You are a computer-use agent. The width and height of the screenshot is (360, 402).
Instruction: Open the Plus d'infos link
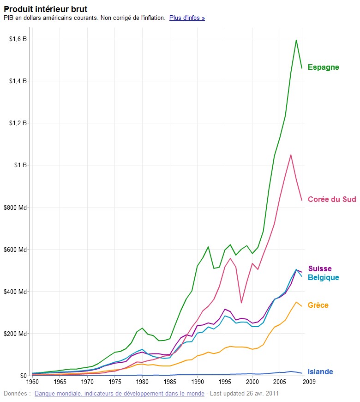click(187, 18)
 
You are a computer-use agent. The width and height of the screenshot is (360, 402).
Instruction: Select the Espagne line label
click(323, 67)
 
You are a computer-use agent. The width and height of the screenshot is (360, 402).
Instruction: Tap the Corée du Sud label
click(332, 200)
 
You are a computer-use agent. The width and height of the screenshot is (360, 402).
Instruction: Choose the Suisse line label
click(319, 269)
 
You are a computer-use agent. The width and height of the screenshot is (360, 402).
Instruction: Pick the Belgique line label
click(323, 278)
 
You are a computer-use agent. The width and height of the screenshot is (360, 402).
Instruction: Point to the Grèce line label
click(318, 305)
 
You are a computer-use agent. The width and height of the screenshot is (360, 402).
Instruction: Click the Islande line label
click(320, 372)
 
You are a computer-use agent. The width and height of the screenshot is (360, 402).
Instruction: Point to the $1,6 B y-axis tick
click(18, 39)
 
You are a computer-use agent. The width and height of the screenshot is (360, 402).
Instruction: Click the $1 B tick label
click(20, 165)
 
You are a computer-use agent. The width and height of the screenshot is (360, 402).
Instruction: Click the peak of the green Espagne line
click(296, 40)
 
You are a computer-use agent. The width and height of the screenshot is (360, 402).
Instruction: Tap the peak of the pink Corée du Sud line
click(291, 155)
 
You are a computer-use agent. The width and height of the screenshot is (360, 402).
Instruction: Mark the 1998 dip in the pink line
click(241, 303)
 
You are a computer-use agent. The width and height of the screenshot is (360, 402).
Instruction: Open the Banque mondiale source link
click(119, 394)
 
